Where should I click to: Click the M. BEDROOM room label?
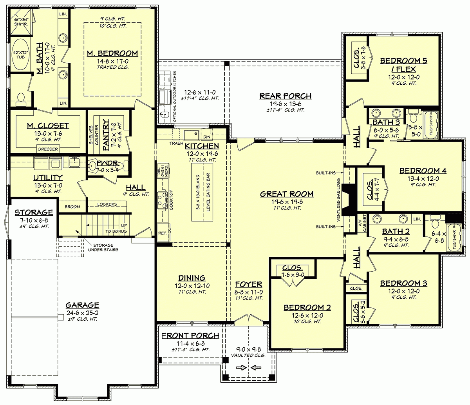click(x=112, y=53)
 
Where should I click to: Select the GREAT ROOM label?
click(x=287, y=194)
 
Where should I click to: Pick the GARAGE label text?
click(x=82, y=305)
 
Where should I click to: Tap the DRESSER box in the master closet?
click(x=48, y=149)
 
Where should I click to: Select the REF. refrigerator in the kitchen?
click(x=163, y=232)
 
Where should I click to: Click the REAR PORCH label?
click(x=285, y=96)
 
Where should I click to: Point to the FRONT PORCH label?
click(x=190, y=336)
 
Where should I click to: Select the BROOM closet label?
click(x=72, y=207)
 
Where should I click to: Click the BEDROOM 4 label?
click(x=423, y=171)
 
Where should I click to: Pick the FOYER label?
click(x=249, y=285)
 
